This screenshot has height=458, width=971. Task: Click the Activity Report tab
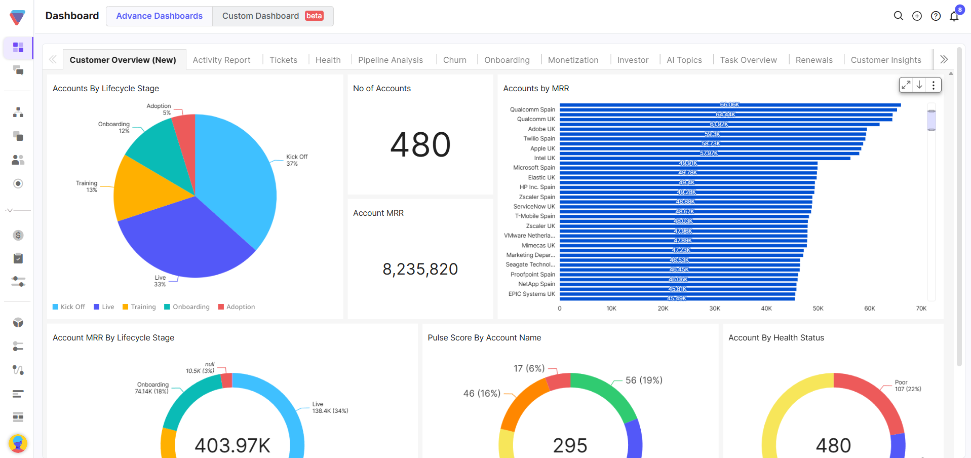tap(221, 60)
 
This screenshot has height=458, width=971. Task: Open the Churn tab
tap(454, 60)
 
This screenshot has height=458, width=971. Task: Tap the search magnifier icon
tap(898, 16)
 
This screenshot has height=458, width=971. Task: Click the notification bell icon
tap(954, 17)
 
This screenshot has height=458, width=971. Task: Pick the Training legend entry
tap(139, 307)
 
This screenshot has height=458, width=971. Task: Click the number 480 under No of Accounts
tap(420, 145)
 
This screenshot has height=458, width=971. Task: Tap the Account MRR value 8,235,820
tap(420, 269)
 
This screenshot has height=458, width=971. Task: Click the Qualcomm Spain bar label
tap(532, 109)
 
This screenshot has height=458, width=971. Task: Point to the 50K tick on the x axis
tap(818, 309)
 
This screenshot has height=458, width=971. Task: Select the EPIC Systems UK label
tap(531, 294)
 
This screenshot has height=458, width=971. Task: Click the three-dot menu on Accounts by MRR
tap(934, 85)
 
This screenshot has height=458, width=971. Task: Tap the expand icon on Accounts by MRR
tap(906, 85)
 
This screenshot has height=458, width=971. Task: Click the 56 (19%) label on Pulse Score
tap(644, 380)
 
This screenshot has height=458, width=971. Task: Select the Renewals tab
tap(813, 60)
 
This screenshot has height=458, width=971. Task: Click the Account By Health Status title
tap(776, 338)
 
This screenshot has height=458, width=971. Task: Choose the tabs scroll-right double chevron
tap(944, 59)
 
